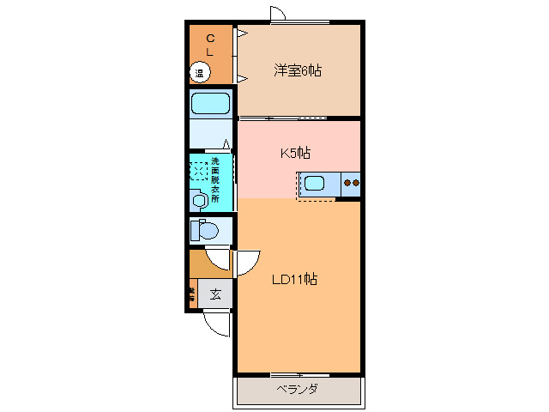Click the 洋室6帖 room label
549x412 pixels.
click(298, 70)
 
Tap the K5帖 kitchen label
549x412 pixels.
click(295, 154)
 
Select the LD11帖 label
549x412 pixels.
click(295, 279)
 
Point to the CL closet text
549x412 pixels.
click(209, 45)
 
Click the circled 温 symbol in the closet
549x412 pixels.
click(199, 73)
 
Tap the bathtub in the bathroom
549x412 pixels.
click(210, 105)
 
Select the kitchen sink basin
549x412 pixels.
click(314, 182)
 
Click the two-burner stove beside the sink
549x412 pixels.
click(351, 182)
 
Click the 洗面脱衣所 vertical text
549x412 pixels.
click(215, 179)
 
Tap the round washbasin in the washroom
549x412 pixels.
click(200, 201)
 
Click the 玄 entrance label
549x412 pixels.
click(215, 294)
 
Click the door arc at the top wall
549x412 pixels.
click(278, 14)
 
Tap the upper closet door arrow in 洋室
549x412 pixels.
click(243, 34)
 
